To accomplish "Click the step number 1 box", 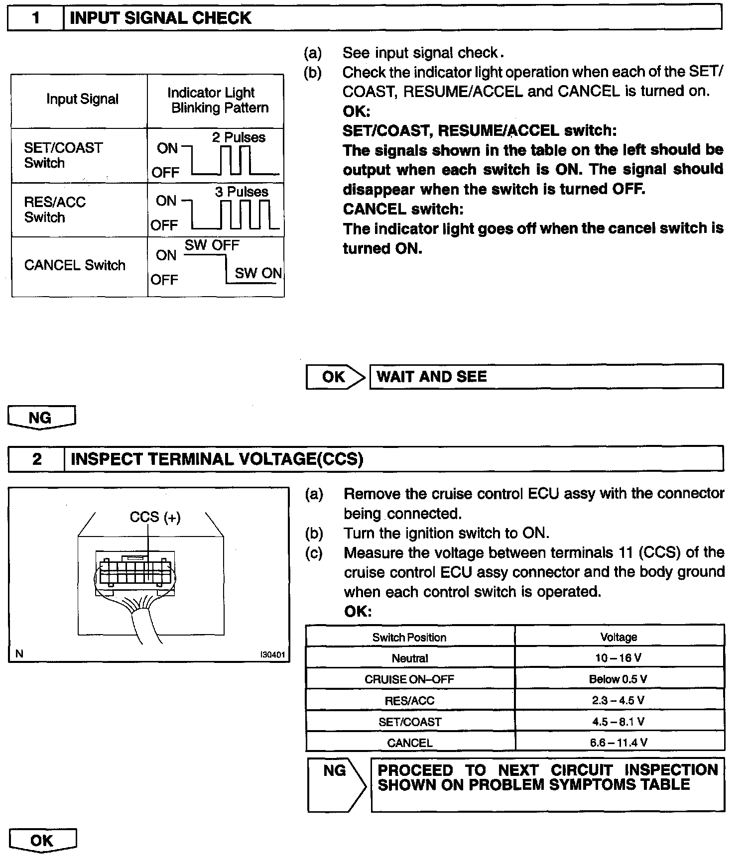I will tap(35, 18).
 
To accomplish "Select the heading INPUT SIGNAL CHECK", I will tap(160, 18).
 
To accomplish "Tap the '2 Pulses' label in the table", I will tap(239, 137).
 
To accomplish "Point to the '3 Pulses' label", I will tap(242, 192).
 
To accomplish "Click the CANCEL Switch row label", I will tap(75, 265).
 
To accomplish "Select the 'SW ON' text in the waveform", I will tap(258, 273).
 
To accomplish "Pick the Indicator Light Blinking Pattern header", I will tap(216, 100).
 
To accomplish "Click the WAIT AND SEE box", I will tap(546, 377).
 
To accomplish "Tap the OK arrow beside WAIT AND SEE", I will tap(334, 377).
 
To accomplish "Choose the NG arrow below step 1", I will tap(41, 417).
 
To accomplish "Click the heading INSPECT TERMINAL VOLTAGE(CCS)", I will tap(217, 459).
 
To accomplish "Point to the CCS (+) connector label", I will tap(155, 518).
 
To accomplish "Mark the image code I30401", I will tap(272, 655).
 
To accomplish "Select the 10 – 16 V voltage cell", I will tap(619, 658).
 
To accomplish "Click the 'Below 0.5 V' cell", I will tap(619, 679).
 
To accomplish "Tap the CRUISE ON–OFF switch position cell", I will tap(409, 679).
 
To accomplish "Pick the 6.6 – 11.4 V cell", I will tap(619, 743).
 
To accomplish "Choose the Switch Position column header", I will tap(409, 638).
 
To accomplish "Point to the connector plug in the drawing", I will tap(135, 572).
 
